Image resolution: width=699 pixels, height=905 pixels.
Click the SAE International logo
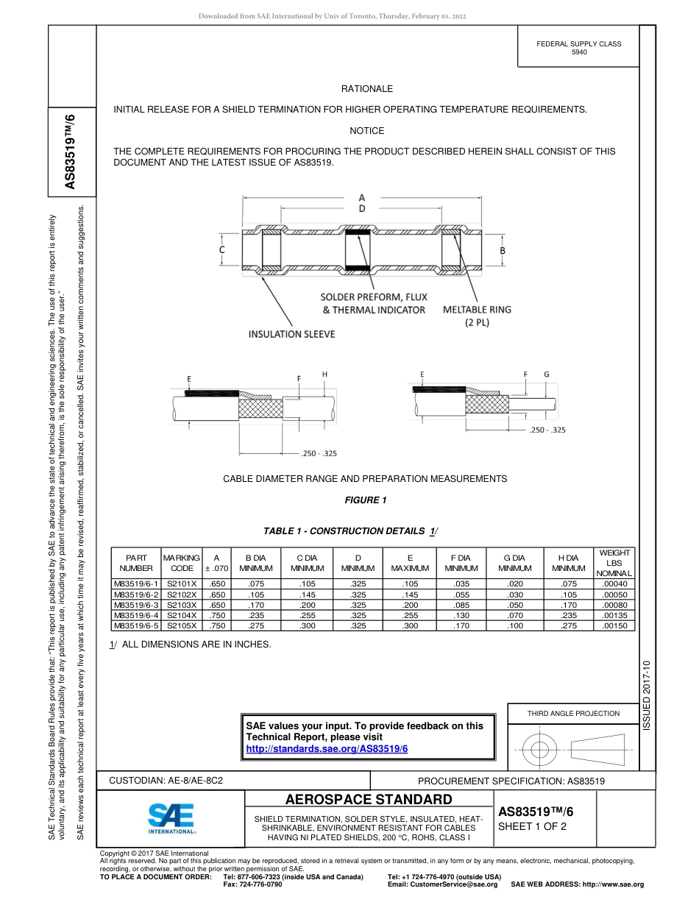[171, 817]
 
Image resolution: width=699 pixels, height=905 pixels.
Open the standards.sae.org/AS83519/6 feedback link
[326, 748]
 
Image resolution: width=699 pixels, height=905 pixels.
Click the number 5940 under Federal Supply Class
[579, 53]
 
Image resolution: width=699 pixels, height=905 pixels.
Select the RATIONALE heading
[366, 89]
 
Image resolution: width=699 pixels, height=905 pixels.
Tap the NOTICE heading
[366, 131]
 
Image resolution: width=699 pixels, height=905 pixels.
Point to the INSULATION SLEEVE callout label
[291, 334]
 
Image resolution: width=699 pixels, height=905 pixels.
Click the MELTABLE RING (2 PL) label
[477, 316]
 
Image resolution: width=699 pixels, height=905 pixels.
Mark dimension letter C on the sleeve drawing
[221, 250]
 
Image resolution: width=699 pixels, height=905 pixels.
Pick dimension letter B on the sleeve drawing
[503, 250]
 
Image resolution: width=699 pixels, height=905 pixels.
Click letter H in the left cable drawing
[324, 375]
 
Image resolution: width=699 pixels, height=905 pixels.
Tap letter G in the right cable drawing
[546, 375]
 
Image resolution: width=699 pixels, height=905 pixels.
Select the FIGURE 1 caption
[366, 501]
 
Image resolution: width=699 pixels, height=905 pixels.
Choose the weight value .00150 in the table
[614, 625]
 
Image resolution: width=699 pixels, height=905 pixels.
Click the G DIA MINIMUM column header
[514, 563]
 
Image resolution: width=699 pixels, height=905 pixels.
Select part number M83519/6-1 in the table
[135, 584]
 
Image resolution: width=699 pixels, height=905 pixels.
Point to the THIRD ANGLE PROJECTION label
[573, 713]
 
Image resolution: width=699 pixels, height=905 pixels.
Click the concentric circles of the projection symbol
[541, 750]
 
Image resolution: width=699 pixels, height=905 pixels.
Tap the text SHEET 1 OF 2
[532, 826]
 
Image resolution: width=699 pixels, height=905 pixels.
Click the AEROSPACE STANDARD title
[369, 800]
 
